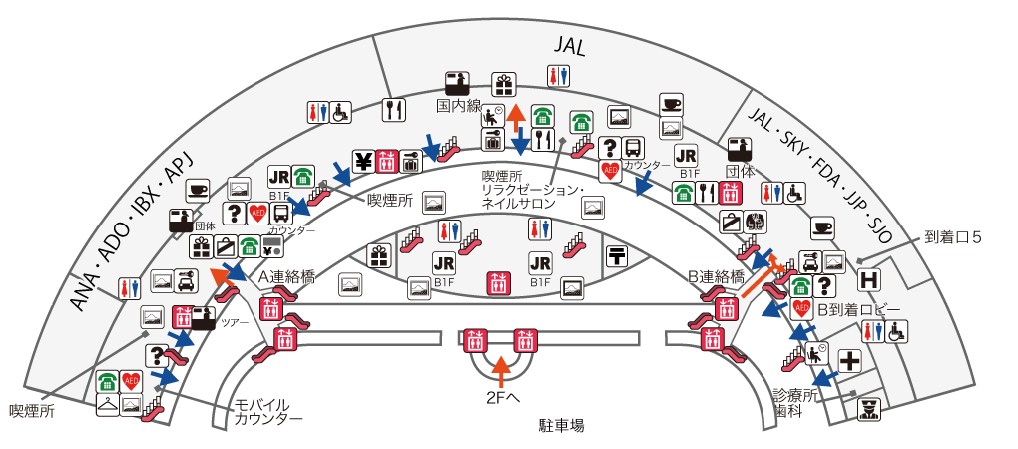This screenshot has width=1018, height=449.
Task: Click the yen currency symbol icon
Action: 362,160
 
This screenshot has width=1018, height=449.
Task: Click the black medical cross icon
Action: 850,360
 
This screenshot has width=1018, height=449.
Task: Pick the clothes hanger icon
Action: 107,404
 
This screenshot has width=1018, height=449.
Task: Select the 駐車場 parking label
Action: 561,425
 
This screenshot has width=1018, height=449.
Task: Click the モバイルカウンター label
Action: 268,411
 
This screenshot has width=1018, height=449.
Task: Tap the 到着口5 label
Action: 953,238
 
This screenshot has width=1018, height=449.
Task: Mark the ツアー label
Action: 234,322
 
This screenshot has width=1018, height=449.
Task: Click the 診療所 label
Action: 796,395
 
